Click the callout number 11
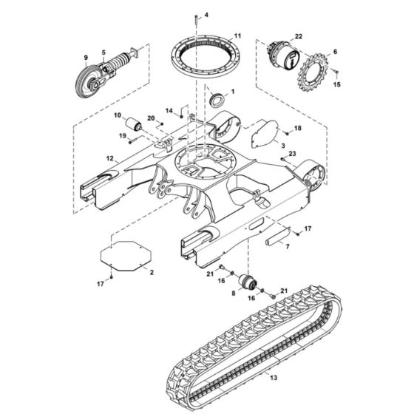coord(237,35)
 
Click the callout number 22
coord(299,36)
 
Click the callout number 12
coord(109,157)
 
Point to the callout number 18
coord(298,128)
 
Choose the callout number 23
coord(293,153)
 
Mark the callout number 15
coord(338,84)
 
